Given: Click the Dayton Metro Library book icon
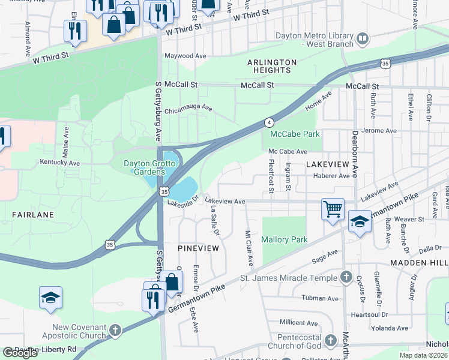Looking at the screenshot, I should [363, 40].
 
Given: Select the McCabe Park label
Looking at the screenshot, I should [295, 134].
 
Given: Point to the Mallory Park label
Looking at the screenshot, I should [285, 239].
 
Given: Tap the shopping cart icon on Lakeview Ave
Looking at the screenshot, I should [333, 209].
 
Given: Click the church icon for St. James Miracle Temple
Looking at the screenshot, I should [346, 277].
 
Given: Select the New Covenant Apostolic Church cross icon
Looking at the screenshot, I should [115, 330].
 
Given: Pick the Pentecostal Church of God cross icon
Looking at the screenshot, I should [330, 341].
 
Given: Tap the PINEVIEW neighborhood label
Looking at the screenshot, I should [197, 248].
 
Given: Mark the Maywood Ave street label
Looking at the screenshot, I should [185, 56].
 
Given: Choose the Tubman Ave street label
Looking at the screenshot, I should [320, 298].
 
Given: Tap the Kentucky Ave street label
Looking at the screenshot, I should [59, 163].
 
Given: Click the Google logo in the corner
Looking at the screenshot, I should [20, 353].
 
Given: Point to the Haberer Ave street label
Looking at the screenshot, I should [331, 176].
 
